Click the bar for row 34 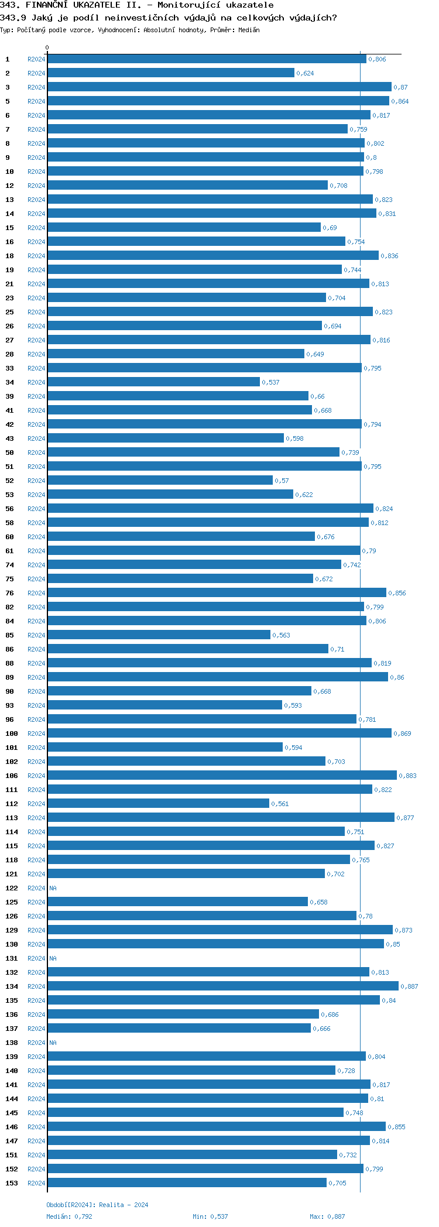[153, 382]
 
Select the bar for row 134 [222, 986]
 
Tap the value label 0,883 [407, 776]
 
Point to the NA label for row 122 [53, 888]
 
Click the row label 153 [12, 1183]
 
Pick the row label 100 [12, 734]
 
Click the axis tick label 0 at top [47, 47]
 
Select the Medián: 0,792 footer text [69, 1216]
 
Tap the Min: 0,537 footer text [210, 1216]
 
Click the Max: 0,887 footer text [327, 1216]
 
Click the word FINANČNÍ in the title [47, 5]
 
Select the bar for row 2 [171, 73]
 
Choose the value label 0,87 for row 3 [400, 87]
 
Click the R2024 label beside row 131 [36, 958]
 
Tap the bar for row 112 [158, 803]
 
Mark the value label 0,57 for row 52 [282, 481]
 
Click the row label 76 [10, 593]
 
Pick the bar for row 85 [159, 635]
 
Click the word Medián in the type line [249, 30]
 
